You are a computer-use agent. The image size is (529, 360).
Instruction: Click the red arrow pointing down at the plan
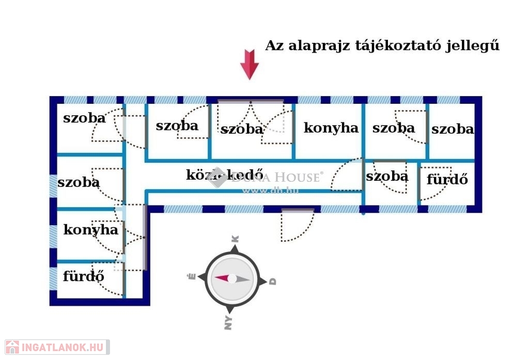(250, 64)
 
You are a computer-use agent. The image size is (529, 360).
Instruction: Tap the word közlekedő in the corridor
(225, 175)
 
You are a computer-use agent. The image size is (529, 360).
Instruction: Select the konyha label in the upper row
(331, 128)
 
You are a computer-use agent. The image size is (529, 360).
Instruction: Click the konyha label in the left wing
(90, 230)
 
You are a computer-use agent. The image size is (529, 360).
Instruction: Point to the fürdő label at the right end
(447, 180)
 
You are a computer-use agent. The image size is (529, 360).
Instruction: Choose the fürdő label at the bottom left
(83, 276)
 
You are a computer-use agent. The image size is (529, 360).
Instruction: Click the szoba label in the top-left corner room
(84, 118)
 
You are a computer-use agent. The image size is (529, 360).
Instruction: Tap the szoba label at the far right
(453, 129)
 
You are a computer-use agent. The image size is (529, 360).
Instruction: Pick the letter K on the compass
(235, 239)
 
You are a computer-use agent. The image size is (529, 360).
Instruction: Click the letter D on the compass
(273, 281)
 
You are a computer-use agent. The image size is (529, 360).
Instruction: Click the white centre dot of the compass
(232, 279)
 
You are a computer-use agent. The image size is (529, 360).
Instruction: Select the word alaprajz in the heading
(319, 45)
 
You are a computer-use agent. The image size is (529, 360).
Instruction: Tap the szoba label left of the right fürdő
(387, 176)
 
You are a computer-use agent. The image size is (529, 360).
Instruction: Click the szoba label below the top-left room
(79, 182)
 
